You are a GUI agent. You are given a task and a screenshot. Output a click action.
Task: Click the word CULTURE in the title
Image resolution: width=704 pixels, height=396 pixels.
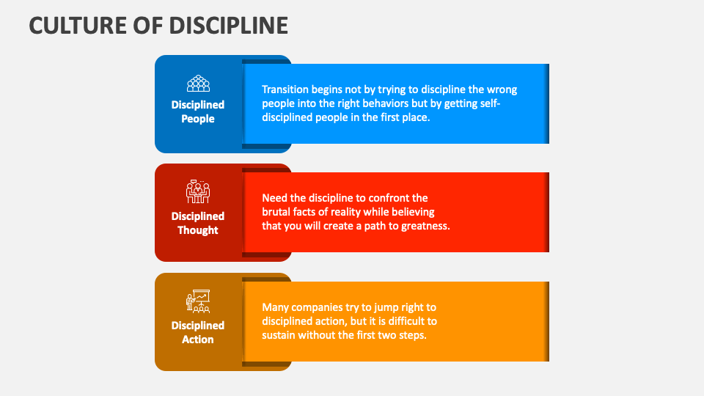point(78,26)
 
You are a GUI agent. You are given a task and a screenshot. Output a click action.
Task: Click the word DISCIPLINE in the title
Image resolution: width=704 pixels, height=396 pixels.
point(229,26)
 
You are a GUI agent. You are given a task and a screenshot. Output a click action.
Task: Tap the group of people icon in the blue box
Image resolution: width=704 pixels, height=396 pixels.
point(198,84)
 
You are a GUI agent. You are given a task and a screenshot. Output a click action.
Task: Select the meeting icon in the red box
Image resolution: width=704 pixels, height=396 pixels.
point(198,191)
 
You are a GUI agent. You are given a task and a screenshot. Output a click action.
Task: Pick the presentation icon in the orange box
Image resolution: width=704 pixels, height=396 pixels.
point(198,301)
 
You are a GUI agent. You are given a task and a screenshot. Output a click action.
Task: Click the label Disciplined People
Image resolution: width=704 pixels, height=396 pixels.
point(198,111)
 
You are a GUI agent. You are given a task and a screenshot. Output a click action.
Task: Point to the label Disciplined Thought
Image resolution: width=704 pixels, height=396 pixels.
point(198,223)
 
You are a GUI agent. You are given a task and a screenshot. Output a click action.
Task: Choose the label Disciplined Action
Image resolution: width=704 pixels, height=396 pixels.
point(198,332)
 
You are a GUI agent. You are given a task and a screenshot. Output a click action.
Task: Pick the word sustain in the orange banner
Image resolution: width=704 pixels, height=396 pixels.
point(279,335)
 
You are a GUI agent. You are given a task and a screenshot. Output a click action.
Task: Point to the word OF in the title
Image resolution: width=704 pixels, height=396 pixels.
point(147,26)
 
